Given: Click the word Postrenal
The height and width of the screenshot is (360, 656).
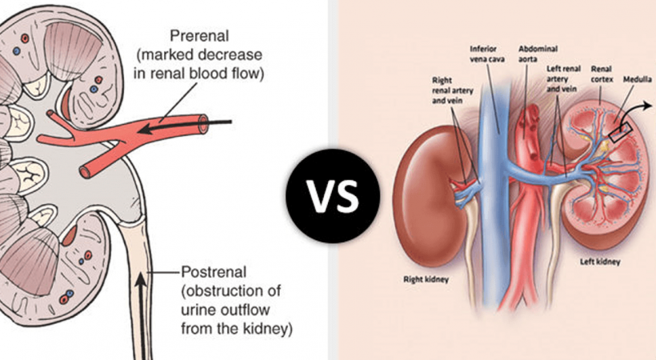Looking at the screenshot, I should [210, 271].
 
